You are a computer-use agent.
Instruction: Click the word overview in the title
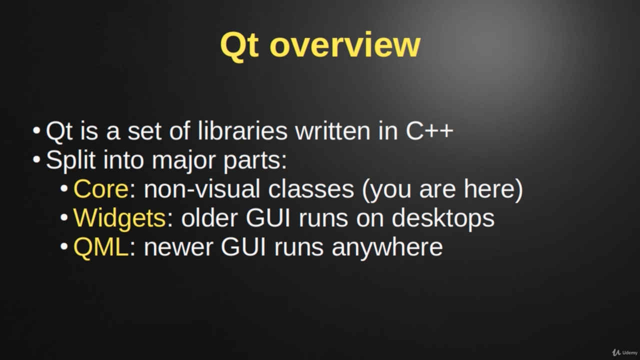[345, 45]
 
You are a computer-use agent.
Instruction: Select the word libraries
[242, 131]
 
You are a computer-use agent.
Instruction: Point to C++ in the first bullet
[429, 131]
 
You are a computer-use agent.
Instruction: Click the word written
[333, 131]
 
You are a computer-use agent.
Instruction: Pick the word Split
[70, 160]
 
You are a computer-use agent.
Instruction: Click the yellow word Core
[101, 189]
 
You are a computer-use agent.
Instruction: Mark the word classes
[311, 189]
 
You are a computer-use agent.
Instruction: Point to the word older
[209, 217]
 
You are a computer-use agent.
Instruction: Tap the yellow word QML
[101, 247]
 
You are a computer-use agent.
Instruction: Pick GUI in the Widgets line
[268, 217]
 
